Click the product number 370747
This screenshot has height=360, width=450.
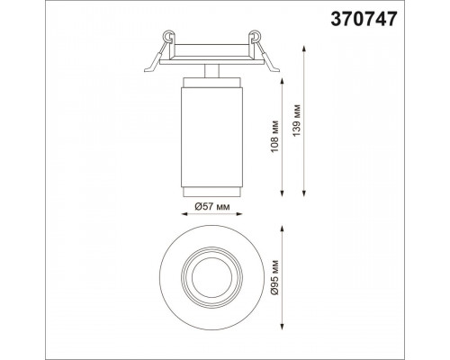pos(364,19)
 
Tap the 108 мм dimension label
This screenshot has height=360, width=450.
pos(275,136)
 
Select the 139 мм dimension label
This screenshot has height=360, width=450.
pos(297,121)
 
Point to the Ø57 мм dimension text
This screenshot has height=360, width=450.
pos(212,206)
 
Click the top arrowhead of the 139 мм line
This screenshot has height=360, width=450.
pos(304,49)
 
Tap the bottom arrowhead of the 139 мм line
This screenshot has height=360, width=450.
pos(304,193)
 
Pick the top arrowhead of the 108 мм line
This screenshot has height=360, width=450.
pos(282,81)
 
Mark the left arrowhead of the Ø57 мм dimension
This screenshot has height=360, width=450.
pos(185,214)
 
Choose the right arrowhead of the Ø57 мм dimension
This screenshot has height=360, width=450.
pos(238,214)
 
